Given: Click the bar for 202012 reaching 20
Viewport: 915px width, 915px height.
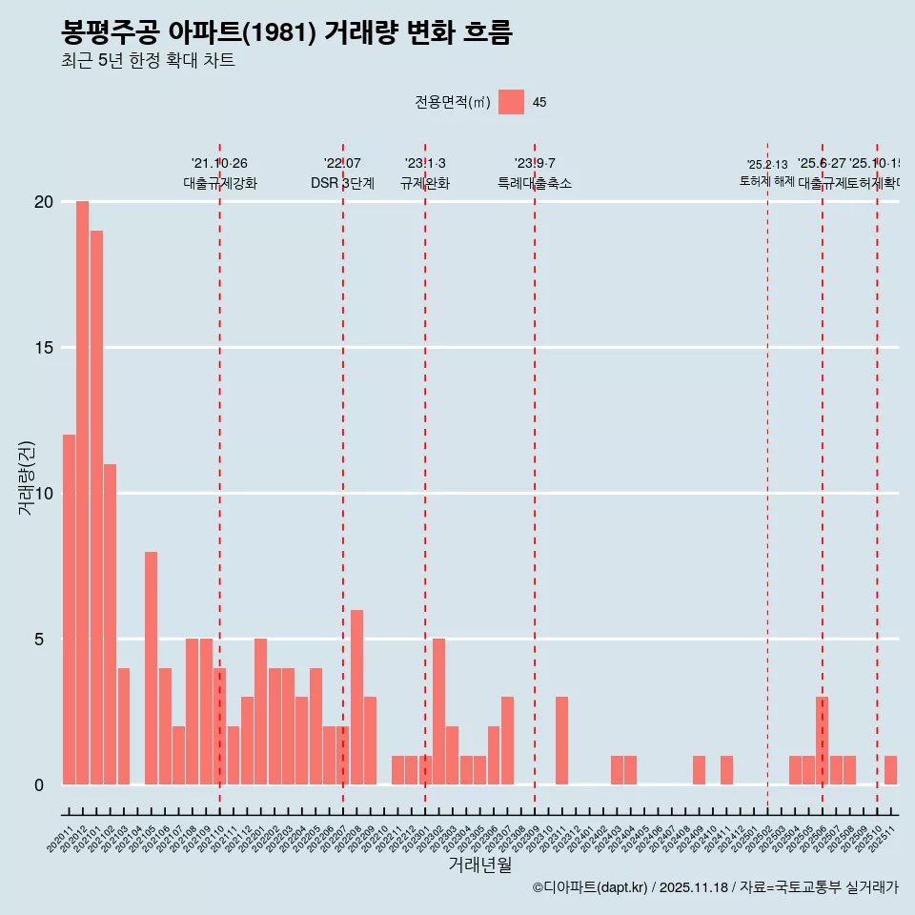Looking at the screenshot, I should (82, 493).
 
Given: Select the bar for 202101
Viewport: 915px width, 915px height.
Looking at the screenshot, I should (96, 507).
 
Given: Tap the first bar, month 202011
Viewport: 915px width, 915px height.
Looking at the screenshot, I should (69, 610).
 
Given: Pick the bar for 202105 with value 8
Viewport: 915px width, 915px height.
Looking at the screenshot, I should (151, 668).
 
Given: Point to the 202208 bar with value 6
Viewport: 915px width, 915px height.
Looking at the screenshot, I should (356, 697).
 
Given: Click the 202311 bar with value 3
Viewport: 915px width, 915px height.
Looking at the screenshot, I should (562, 741).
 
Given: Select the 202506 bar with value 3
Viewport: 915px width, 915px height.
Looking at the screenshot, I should (822, 741).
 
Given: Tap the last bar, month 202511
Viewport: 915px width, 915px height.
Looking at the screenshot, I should (890, 770).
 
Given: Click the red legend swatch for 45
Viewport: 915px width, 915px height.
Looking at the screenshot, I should (511, 102).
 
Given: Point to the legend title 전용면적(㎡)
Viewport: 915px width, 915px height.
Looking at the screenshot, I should (453, 103).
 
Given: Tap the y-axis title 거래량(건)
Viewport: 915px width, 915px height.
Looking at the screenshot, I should (27, 478).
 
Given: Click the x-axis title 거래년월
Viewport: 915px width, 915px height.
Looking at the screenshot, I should (480, 865).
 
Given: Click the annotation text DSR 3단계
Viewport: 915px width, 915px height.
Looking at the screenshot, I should (342, 183).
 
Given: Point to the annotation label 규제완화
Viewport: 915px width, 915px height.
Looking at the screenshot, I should (424, 183).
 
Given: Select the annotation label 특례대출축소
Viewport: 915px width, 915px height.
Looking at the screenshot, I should (534, 183).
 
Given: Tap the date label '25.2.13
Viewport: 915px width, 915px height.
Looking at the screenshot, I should (767, 165).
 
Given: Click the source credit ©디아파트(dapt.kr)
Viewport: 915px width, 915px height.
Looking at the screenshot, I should (590, 887).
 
